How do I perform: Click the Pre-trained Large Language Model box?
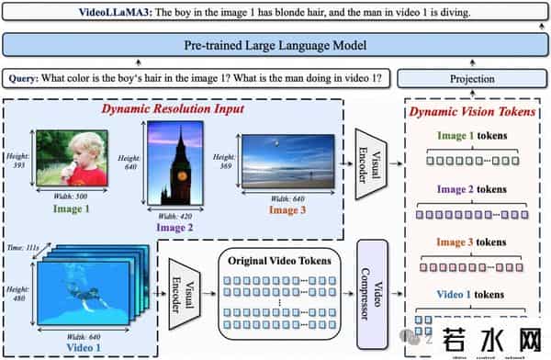point(275,45)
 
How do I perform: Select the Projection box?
point(471,79)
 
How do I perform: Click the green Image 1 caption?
point(71,208)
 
